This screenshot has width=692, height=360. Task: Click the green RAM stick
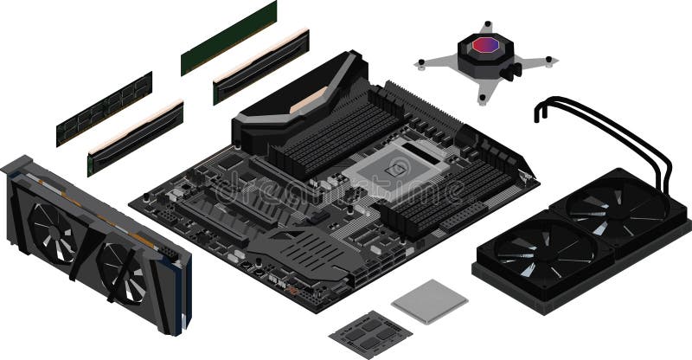coord(228,38)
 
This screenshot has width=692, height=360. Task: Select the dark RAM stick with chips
coord(105,108)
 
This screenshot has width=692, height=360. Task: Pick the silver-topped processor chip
coord(429,300)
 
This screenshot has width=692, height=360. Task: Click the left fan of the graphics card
coord(54,228)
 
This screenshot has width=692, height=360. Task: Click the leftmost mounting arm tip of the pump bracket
coord(421,62)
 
